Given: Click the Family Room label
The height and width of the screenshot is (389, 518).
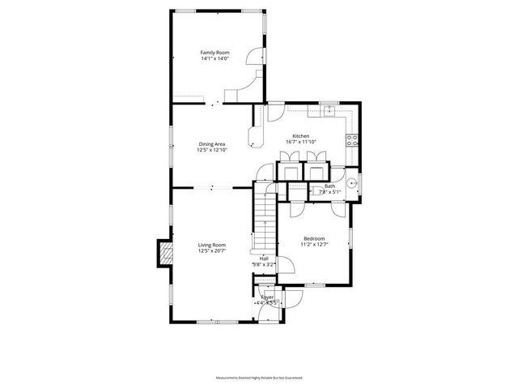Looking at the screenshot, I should coord(215,53).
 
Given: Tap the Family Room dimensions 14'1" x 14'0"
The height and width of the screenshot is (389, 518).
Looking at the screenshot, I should coord(215,58).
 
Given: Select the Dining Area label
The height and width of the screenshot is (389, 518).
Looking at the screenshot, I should coord(213,144).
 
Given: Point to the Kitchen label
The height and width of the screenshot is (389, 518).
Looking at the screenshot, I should coord(300,136).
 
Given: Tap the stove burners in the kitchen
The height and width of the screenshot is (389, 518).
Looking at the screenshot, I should coord(352,139).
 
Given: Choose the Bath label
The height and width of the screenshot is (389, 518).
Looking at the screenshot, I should coord(329,186).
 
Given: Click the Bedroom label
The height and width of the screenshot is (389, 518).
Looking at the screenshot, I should coord(313,238).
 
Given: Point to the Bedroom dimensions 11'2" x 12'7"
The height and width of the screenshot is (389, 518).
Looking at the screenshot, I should coord(313,244).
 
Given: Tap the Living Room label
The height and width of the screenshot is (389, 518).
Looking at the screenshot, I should coord(212,245).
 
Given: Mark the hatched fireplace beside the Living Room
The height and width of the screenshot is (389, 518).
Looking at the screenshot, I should coord(166,253).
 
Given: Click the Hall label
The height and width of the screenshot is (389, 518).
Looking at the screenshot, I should coord(264,259).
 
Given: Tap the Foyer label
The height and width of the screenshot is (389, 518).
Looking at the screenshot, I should coord(267,297).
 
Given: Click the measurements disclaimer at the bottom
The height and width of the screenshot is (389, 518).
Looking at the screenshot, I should coord(258,378).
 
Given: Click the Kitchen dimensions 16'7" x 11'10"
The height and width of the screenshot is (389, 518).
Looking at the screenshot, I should coord(300,142).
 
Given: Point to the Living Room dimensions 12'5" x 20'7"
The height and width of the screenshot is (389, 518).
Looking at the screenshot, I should coord(212,250).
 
